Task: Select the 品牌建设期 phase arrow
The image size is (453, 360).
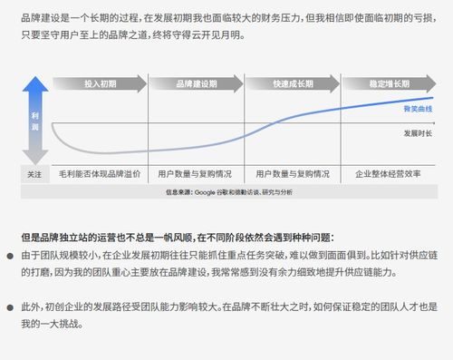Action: click(197, 83)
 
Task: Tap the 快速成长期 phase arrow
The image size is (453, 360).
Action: click(292, 83)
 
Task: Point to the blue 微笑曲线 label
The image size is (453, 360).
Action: click(419, 109)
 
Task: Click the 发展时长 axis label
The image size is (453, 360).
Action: click(418, 132)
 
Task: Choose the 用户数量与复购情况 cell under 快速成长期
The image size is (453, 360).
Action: click(292, 172)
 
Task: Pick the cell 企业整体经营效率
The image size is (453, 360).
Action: click(389, 172)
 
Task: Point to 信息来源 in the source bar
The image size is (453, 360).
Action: click(177, 192)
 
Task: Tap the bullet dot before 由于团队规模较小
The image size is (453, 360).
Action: click(11, 257)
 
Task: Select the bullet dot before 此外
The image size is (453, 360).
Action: click(11, 307)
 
